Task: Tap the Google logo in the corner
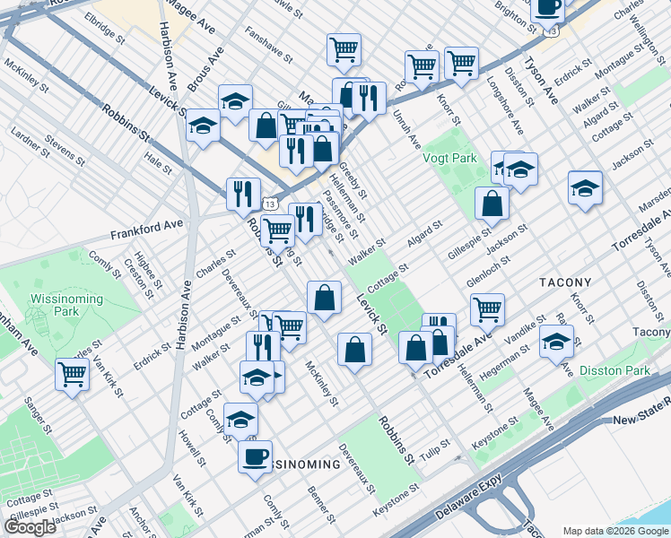click(x=30, y=527)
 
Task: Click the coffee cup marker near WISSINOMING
click(x=256, y=456)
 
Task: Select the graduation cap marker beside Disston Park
click(x=557, y=342)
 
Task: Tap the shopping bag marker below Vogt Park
click(x=492, y=203)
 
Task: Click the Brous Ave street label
click(x=205, y=68)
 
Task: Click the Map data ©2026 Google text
click(x=615, y=531)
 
